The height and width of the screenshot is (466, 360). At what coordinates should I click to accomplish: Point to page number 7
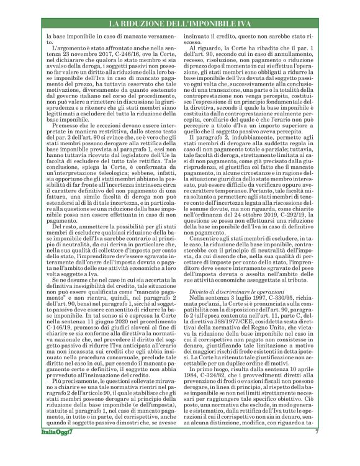316,449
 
